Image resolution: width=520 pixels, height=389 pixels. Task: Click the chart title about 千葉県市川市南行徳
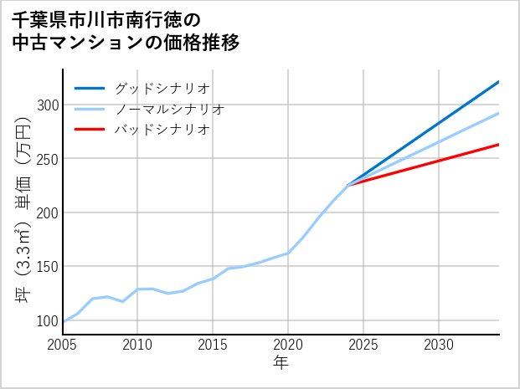126,31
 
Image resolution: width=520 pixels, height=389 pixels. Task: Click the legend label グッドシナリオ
162,88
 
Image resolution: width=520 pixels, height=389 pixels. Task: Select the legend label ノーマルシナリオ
170,109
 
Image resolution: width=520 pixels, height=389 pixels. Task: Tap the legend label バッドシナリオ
162,130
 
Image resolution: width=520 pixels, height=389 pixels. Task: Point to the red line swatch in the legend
90,130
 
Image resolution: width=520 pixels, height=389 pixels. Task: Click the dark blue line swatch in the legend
90,88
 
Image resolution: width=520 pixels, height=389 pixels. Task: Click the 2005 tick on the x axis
63,345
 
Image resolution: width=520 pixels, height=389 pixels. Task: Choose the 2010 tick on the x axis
137,345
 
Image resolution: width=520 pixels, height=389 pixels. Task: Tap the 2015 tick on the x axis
213,345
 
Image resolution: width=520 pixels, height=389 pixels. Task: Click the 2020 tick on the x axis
288,345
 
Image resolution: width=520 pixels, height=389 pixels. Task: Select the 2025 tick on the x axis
363,345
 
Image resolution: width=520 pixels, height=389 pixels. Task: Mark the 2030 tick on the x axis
439,345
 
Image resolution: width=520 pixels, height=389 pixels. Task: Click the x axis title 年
281,363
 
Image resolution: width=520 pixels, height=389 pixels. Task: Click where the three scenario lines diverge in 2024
348,185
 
